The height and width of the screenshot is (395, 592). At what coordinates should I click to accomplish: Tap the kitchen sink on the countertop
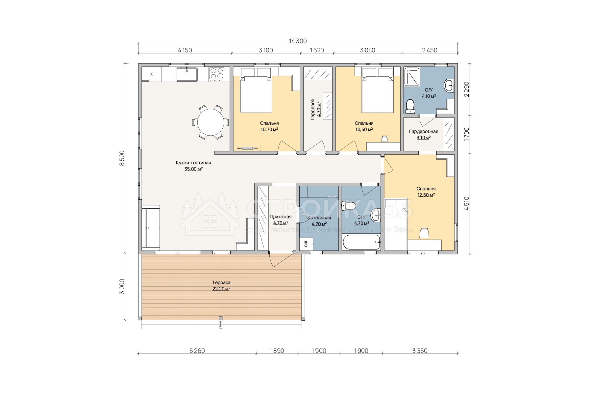[x=186, y=74]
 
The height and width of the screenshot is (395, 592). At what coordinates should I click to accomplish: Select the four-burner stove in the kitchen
[x=217, y=74]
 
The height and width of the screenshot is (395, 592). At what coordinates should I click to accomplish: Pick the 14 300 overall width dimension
[x=298, y=41]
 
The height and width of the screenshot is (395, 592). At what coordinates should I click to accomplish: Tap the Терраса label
[x=221, y=282]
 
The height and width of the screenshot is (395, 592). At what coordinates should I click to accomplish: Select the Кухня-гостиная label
[x=193, y=163]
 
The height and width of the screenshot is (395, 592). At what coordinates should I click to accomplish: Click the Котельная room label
[x=319, y=218]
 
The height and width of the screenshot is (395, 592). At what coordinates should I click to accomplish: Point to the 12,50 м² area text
[x=426, y=195]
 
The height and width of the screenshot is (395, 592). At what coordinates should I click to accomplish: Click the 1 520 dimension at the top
[x=317, y=50]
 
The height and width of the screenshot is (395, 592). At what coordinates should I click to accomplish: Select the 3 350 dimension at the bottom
[x=420, y=351]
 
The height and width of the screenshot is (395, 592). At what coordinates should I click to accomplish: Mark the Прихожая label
[x=281, y=217]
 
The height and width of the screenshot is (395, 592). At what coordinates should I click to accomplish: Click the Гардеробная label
[x=424, y=131]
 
